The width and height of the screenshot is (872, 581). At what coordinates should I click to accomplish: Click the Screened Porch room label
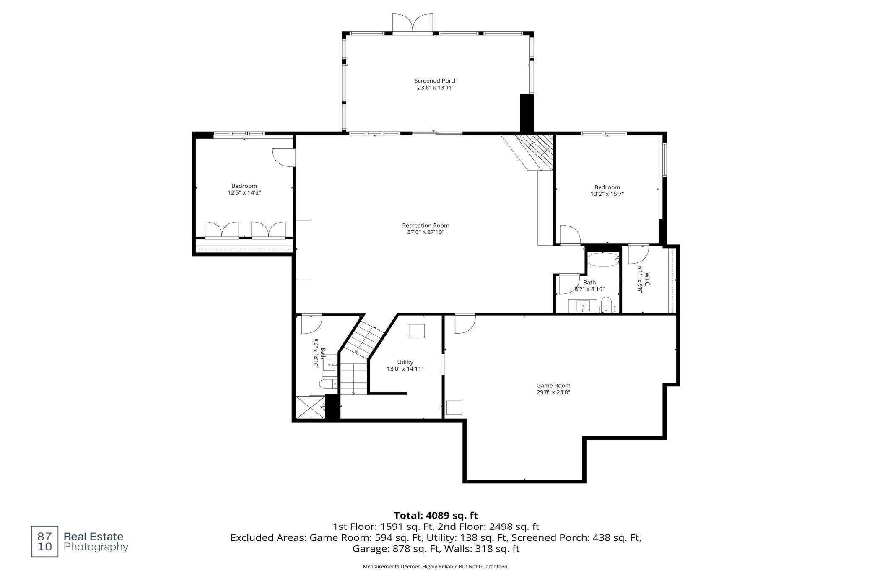point(436,81)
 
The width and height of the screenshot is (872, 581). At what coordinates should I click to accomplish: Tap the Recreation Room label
point(426,226)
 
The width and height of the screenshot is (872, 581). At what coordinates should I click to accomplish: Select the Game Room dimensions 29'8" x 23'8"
point(553,392)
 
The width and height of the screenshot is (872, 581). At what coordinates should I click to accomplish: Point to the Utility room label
point(405,362)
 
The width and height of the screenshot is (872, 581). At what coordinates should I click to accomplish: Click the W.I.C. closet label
point(647,280)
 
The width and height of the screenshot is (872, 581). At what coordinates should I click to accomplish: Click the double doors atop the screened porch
point(413,23)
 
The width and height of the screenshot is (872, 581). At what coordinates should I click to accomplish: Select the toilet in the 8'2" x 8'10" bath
point(606,304)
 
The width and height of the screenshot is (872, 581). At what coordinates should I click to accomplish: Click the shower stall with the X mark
point(311,407)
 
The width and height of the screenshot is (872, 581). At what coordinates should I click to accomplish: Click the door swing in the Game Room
point(465,324)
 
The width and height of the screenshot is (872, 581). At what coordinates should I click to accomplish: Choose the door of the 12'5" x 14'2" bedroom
point(283,158)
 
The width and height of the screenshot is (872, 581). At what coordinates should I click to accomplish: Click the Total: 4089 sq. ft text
point(436,515)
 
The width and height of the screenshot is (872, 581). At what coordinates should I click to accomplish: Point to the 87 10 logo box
point(44,541)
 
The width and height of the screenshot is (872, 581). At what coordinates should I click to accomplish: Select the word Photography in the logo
point(96,547)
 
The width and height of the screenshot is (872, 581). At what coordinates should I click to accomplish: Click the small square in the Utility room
point(417,331)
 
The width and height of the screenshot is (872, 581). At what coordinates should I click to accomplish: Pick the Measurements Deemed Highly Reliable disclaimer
point(436,567)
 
